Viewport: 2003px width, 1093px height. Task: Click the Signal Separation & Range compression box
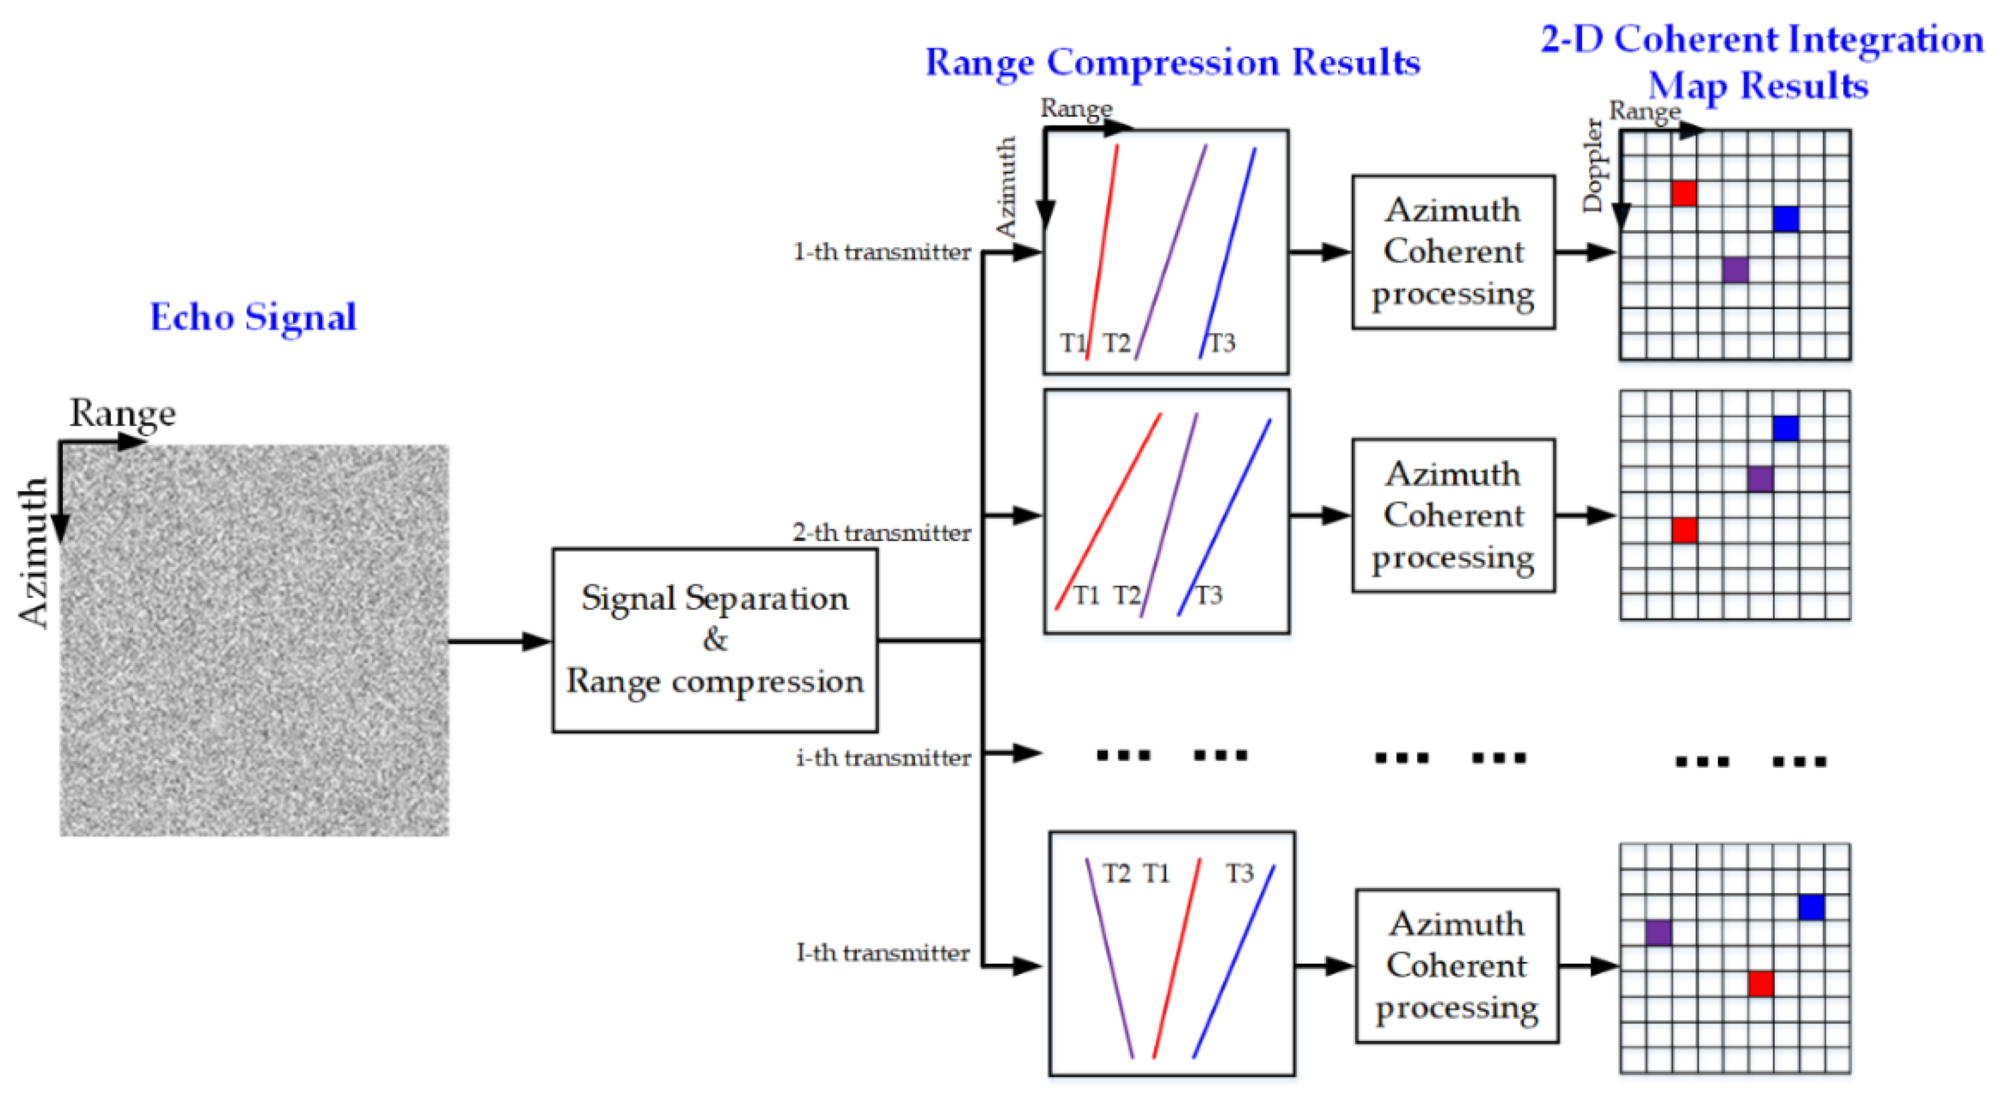pos(714,640)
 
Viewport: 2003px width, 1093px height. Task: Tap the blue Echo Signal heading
pos(253,316)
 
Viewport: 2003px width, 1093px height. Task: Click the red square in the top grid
pos(1684,193)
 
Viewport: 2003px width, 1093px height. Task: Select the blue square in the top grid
pos(1786,219)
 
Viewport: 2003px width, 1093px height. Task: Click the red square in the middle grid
pos(1684,530)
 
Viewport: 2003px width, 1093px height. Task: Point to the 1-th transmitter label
pos(881,252)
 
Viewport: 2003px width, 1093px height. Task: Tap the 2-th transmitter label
pos(881,533)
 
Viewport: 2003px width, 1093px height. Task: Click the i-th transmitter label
pos(882,758)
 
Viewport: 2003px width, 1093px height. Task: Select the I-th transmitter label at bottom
pos(882,953)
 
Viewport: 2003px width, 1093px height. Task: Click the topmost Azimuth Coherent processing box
pos(1452,252)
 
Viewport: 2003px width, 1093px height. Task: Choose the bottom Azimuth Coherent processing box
pos(1457,966)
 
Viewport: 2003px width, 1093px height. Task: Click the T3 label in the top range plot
pos(1221,342)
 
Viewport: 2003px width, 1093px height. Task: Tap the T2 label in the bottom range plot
pos(1117,874)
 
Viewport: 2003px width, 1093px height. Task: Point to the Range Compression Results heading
pos(1172,62)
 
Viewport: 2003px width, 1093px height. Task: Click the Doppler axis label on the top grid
pos(1594,165)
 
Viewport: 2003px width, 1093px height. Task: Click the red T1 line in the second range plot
pos(1108,511)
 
